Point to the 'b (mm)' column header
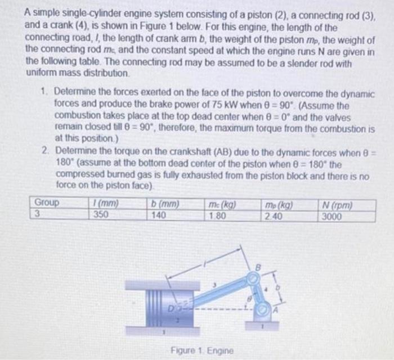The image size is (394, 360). [x=163, y=202]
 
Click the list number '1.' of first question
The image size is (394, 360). [x=46, y=92]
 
